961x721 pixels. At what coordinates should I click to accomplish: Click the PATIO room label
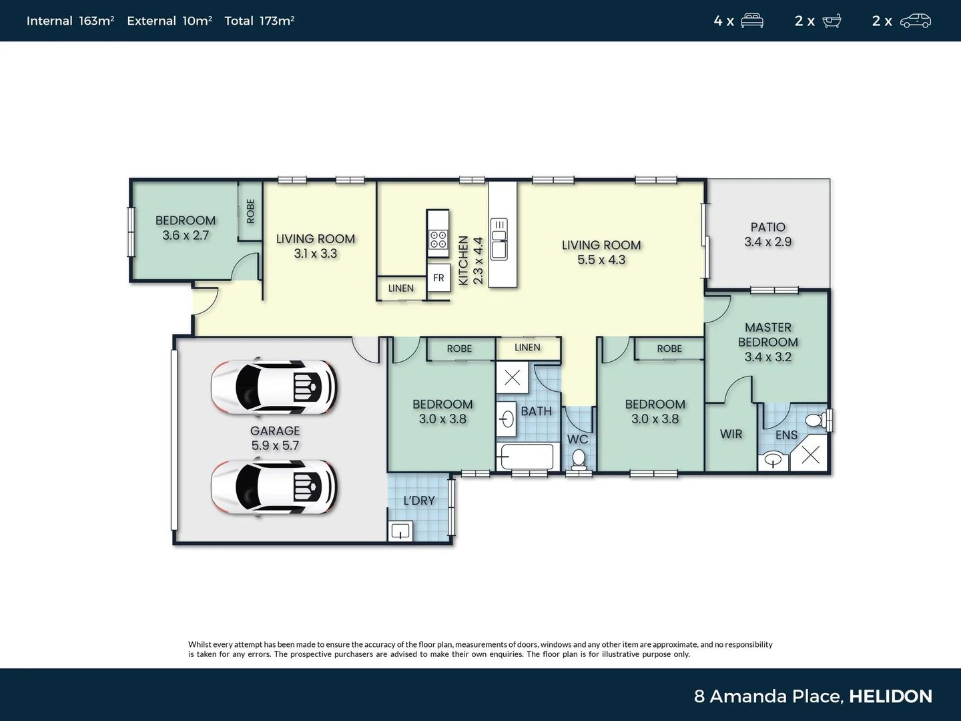point(767,228)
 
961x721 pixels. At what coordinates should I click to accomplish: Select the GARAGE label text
point(275,431)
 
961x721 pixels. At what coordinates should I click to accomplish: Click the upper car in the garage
point(274,387)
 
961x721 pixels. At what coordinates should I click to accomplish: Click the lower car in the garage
point(274,487)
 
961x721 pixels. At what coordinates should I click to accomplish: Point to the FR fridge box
point(438,278)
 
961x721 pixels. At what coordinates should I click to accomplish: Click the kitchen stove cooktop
point(438,239)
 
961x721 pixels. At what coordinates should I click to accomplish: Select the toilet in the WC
point(579,459)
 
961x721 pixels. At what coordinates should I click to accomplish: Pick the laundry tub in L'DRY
point(400,531)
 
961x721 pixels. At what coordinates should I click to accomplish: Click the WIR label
point(731,434)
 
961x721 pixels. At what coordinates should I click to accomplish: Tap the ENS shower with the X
point(810,455)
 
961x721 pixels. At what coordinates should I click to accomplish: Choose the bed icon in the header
point(752,21)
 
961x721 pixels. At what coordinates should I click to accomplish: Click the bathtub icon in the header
point(832,21)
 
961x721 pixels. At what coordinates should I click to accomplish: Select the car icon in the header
point(915,21)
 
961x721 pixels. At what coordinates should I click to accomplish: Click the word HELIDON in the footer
point(890,696)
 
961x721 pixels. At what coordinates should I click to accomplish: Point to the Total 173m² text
point(259,21)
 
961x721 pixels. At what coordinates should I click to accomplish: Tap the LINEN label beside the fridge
point(401,288)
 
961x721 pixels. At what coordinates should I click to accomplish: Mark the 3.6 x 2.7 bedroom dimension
point(186,236)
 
